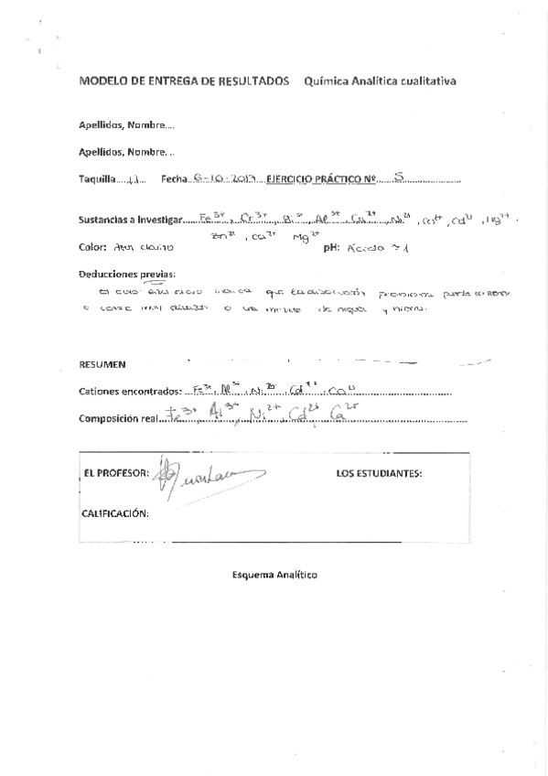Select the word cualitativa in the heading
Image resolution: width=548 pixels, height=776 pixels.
click(425, 81)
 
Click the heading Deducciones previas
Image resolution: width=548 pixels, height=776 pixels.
click(126, 274)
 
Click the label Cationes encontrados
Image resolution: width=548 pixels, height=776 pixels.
click(131, 392)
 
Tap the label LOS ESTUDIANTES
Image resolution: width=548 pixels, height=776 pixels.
click(378, 474)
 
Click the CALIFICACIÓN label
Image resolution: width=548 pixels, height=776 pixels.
click(115, 513)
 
